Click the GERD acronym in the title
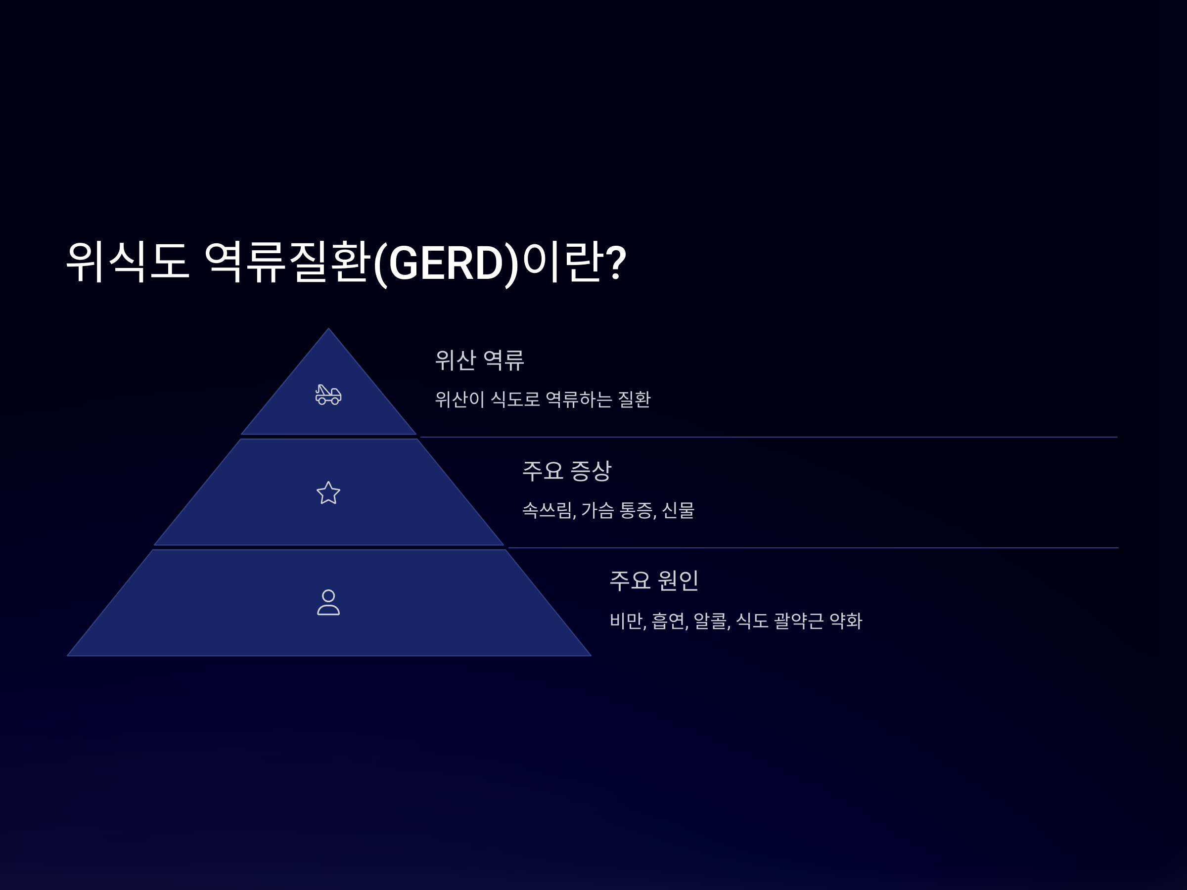(446, 263)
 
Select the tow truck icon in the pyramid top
(328, 395)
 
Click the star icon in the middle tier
(328, 493)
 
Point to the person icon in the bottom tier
(328, 602)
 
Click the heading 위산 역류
(479, 360)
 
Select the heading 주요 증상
(567, 471)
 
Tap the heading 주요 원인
(654, 580)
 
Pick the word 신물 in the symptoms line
(678, 510)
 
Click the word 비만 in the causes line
(626, 621)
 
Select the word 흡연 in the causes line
(669, 621)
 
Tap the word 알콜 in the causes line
(711, 621)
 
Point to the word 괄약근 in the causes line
(798, 621)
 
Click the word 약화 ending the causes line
(846, 621)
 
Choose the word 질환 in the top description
(634, 400)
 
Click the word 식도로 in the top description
(515, 400)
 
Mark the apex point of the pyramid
(328, 329)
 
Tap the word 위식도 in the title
(127, 263)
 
